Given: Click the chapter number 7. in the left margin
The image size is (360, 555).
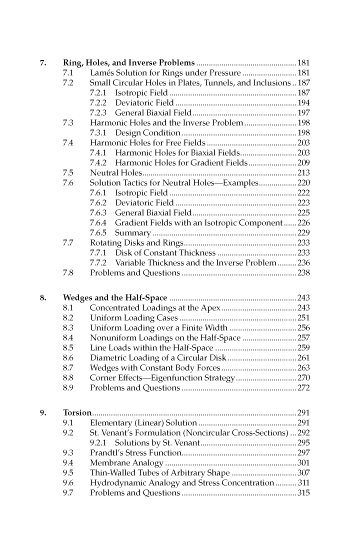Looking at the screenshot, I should point(43,63).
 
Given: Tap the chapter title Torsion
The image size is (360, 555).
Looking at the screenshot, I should point(77,413).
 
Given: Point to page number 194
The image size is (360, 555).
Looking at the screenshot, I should point(303,103).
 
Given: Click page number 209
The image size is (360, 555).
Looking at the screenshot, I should point(303,163).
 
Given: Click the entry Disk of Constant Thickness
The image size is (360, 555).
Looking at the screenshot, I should point(165,253).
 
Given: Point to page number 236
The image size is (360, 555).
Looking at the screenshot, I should point(303,263).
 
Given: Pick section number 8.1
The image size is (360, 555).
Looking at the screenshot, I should point(68,308).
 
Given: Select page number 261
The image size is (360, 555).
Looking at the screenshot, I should point(303,358).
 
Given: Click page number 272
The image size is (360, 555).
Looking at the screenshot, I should point(303,388).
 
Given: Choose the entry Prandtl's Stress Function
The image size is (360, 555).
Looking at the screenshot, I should point(134,453).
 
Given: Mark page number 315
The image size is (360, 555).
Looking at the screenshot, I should point(303,493).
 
